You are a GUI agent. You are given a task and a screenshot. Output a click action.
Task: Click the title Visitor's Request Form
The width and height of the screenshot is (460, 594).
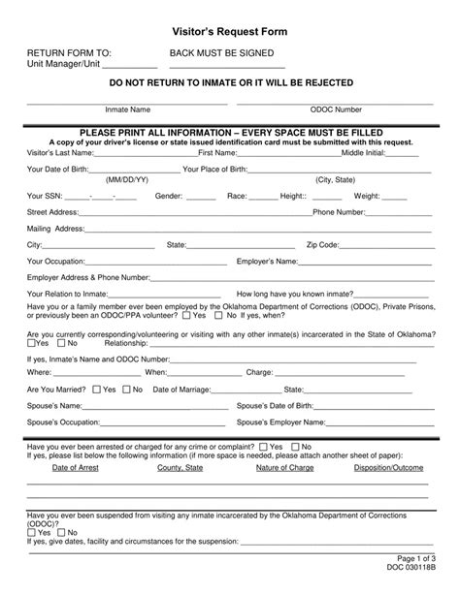pos(230,32)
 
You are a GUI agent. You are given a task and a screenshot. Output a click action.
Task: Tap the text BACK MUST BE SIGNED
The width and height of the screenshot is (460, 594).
pos(221,53)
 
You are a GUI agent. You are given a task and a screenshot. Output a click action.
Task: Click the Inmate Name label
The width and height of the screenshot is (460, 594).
pos(127,109)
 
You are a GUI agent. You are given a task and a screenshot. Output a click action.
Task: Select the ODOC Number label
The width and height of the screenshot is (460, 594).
pos(336,109)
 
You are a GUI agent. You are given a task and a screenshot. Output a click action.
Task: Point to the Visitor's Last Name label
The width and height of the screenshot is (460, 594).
pos(61,153)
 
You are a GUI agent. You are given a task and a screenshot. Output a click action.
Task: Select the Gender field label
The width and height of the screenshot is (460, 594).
pos(169,196)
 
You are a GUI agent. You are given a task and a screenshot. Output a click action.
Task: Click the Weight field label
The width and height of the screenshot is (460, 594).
pos(367,196)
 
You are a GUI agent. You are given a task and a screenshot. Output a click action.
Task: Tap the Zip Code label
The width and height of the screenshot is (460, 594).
pos(322,245)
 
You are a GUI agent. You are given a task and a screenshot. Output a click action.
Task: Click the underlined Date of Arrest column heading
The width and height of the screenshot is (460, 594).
pos(75,467)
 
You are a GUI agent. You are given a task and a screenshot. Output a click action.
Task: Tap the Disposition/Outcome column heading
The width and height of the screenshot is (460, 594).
pos(389,467)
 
